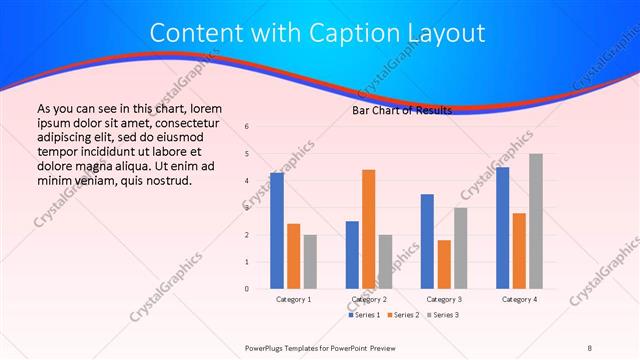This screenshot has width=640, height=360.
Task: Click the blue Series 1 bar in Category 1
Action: (x=277, y=231)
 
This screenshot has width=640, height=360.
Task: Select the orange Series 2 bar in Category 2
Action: (x=368, y=229)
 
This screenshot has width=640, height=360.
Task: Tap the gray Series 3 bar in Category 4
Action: (x=536, y=221)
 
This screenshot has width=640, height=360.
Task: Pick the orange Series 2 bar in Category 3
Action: (x=444, y=264)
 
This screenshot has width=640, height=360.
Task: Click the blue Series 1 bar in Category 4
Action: (x=502, y=228)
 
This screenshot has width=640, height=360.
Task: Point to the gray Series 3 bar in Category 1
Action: (x=310, y=262)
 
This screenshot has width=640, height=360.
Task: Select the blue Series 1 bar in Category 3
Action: (x=427, y=241)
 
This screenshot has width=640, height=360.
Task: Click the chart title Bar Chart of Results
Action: (x=402, y=110)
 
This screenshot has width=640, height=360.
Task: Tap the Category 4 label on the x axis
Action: (x=519, y=299)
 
